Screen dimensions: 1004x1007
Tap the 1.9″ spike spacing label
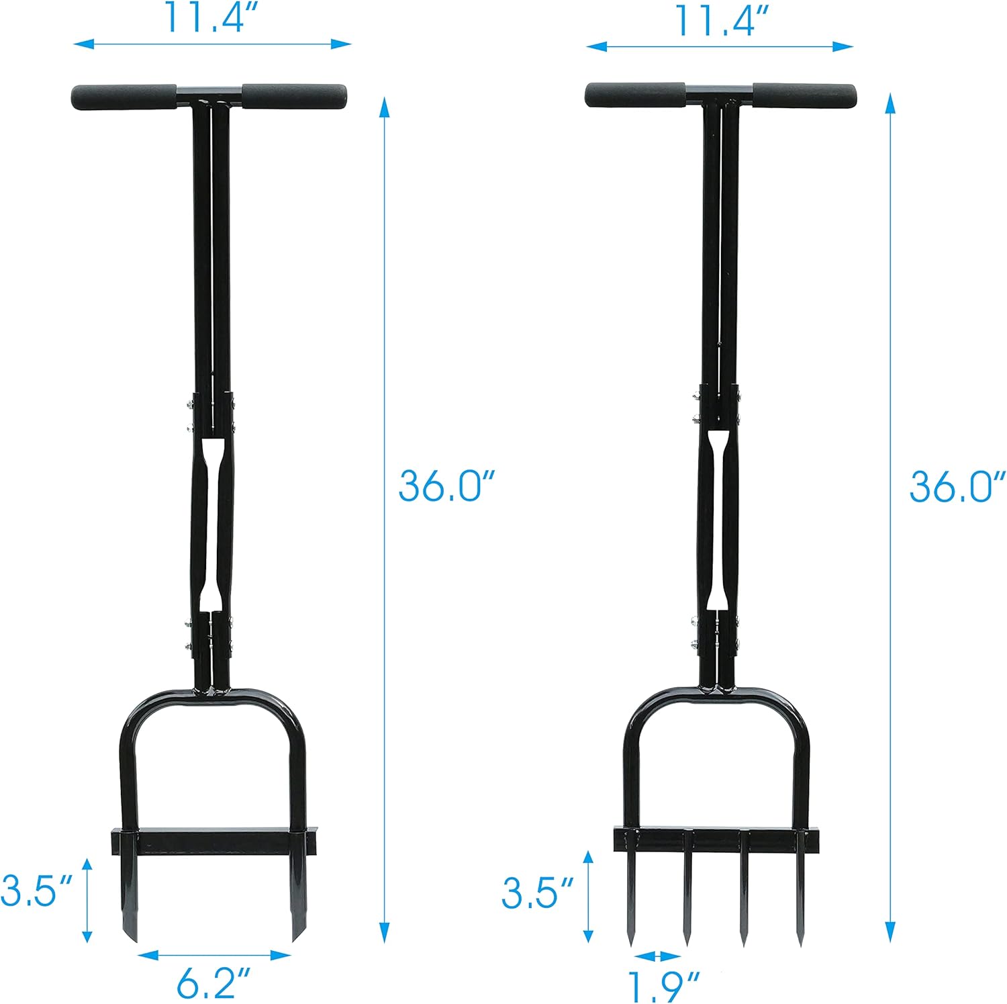click(x=663, y=985)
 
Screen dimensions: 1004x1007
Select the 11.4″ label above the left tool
click(x=212, y=19)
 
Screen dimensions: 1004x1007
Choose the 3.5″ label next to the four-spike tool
click(x=537, y=893)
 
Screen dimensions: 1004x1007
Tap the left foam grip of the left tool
click(x=124, y=97)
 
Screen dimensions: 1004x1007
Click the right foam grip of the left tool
click(x=295, y=97)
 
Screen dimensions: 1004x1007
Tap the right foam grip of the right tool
click(x=804, y=95)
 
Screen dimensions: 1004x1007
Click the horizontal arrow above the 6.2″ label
click(x=215, y=954)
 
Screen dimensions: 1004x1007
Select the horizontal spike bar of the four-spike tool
click(x=716, y=840)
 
